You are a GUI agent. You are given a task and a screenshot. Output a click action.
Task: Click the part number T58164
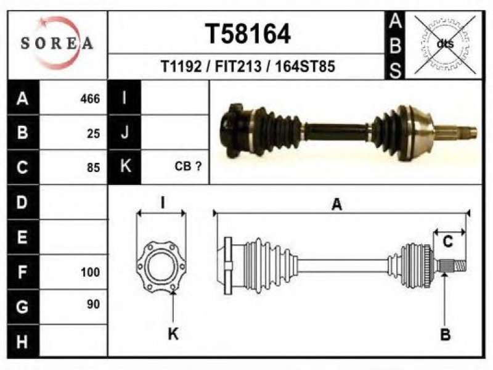pos(248,34)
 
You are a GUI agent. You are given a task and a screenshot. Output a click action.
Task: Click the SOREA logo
pos(57,43)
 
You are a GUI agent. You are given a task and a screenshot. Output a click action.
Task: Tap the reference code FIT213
pos(238,67)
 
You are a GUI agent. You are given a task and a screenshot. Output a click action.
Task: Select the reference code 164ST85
pos(305,67)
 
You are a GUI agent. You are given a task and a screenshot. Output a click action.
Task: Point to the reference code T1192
pos(181,67)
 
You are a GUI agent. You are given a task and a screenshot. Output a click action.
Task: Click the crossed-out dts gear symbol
pos(445,44)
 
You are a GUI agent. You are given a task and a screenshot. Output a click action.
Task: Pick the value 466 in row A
pos(90,99)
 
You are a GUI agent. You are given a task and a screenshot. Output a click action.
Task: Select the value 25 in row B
pos(94,134)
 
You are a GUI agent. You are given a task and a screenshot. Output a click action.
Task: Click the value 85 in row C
pos(94,168)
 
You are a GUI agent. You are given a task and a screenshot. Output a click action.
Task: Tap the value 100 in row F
pos(90,272)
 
